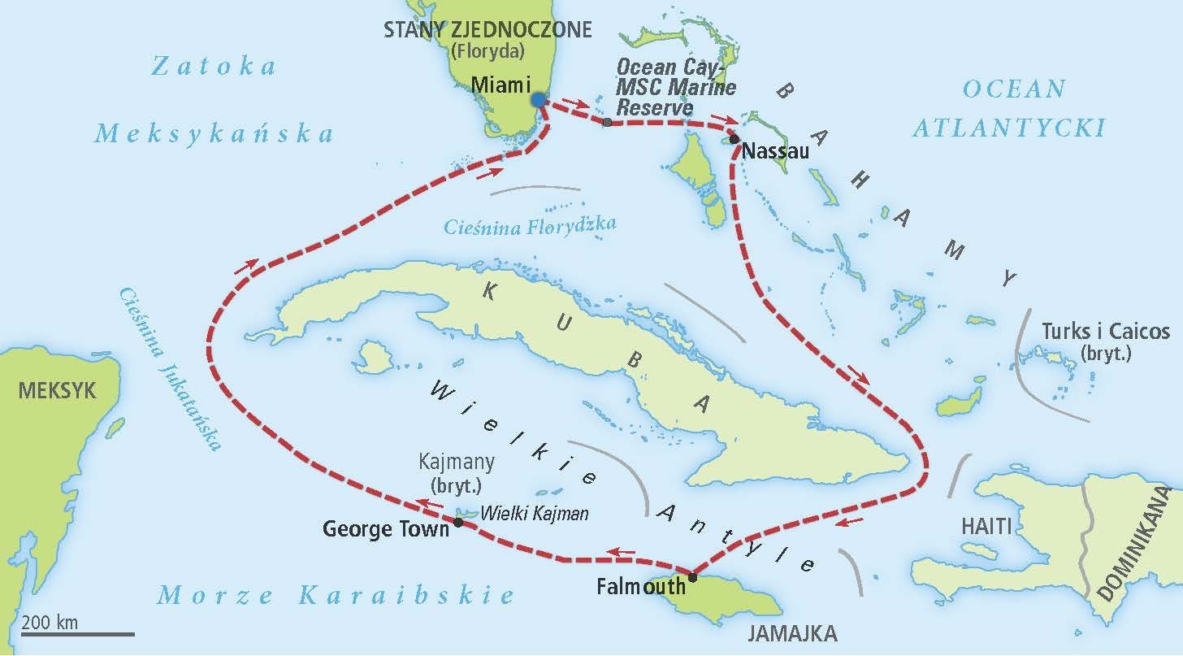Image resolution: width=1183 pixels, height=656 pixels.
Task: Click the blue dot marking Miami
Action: [537, 99]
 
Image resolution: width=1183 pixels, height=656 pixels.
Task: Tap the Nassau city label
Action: [776, 150]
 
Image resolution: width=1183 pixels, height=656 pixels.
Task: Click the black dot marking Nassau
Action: [734, 140]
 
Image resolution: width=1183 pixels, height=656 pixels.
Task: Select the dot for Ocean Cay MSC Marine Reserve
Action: [607, 123]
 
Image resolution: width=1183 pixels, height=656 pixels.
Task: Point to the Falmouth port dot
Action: [692, 578]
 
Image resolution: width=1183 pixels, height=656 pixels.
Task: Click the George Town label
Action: [386, 529]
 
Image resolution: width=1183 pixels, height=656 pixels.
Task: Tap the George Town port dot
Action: [458, 523]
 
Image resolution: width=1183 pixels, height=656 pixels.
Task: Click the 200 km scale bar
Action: [77, 632]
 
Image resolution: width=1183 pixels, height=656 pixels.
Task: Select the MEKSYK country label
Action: [57, 390]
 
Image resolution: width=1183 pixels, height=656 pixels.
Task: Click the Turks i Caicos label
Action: [1106, 332]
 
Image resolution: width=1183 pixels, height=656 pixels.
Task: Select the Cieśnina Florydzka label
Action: [530, 225]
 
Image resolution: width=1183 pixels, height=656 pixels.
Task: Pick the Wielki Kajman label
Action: [535, 514]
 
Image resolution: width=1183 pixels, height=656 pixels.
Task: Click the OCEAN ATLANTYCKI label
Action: [1009, 107]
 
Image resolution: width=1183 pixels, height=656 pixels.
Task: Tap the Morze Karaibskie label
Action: [336, 595]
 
